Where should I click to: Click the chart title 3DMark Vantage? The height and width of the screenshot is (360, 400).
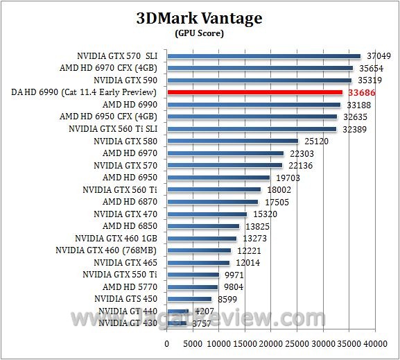(x=199, y=18)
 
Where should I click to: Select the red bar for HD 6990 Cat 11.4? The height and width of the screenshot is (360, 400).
(x=254, y=92)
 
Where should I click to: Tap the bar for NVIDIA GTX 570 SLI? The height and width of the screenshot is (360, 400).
(x=263, y=56)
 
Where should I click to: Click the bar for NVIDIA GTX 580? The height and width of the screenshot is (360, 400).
(x=232, y=141)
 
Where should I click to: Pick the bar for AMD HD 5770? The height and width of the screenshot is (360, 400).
(x=192, y=286)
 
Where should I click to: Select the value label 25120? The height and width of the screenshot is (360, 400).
(x=316, y=141)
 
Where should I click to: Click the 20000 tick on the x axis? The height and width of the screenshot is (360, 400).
(x=271, y=343)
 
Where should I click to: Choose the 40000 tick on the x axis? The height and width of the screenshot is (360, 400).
(x=375, y=343)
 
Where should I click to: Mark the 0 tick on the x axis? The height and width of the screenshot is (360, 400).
(x=166, y=343)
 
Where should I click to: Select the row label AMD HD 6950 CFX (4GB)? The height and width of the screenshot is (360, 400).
(x=109, y=117)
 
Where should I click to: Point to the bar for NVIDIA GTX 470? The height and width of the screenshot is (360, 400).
(x=207, y=214)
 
